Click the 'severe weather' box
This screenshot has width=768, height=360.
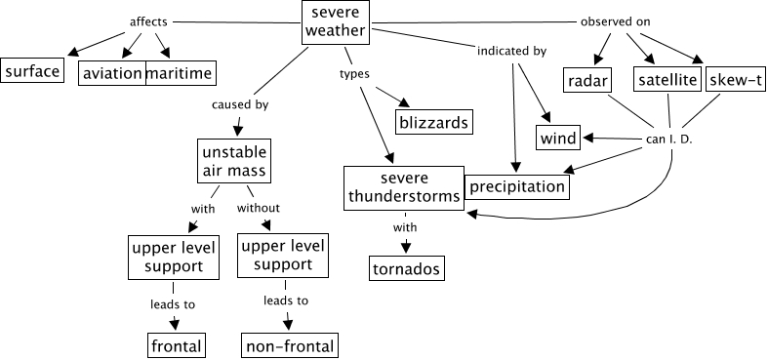336,22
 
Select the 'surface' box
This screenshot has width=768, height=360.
32,70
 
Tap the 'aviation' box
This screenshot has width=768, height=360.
112,73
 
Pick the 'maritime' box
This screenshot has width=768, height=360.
181,73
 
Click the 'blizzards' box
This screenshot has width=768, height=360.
434,122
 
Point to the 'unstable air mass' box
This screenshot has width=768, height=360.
234,161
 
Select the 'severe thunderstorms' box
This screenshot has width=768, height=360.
404,188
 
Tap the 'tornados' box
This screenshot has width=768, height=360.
407,268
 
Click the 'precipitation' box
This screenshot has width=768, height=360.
517,186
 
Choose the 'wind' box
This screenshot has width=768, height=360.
558,138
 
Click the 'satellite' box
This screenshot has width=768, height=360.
668,79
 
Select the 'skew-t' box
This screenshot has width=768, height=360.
735,79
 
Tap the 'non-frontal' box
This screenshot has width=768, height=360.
290,345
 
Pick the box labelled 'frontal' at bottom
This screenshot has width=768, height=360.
177,345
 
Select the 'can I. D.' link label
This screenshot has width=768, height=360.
668,140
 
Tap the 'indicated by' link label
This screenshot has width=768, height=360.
511,51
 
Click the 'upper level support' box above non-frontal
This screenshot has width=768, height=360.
283,255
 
